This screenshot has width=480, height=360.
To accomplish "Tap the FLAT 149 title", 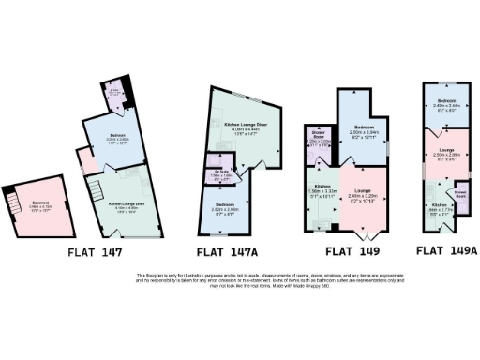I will tap(351, 251).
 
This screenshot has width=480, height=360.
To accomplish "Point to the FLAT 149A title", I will tap(446, 250).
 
